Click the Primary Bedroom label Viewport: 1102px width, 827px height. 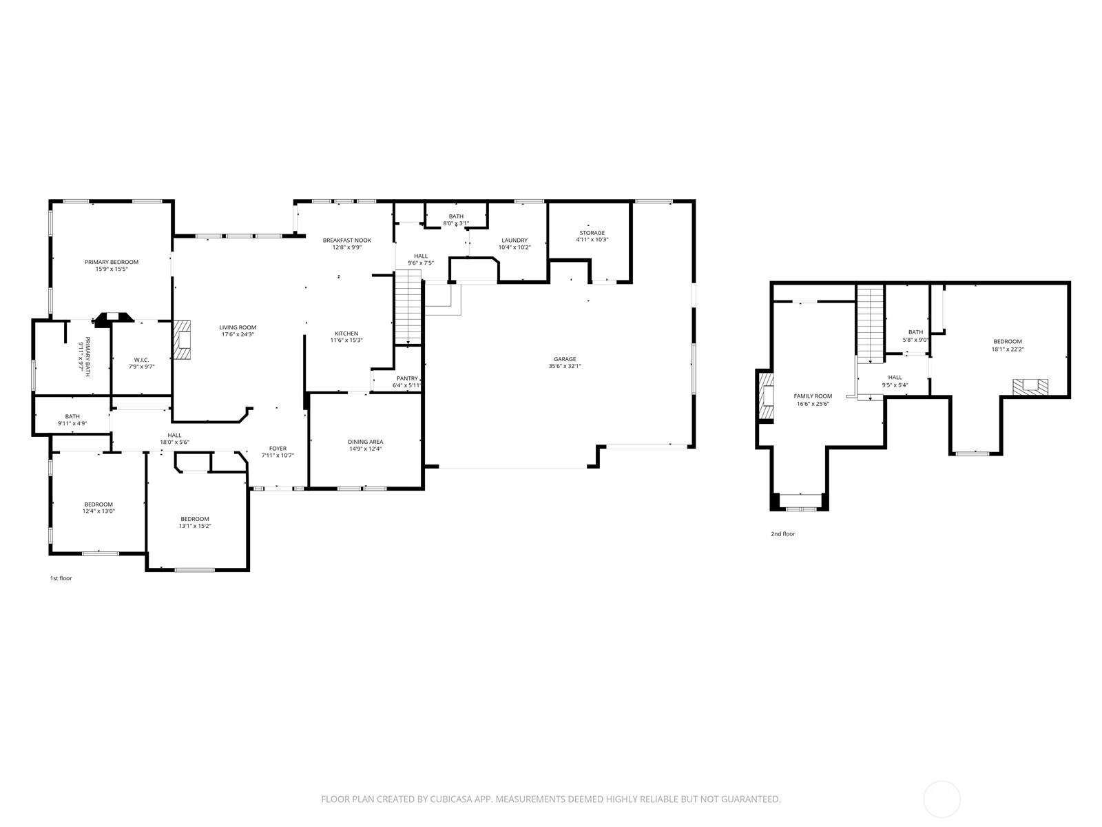[x=112, y=262]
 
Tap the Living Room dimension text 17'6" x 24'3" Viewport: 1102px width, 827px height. [x=238, y=334]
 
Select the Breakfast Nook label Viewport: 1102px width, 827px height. [x=347, y=241]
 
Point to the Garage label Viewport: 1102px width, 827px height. [x=565, y=359]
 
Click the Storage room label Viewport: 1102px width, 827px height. [x=592, y=233]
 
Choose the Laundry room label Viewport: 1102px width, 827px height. [x=514, y=241]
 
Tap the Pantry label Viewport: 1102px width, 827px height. [x=407, y=378]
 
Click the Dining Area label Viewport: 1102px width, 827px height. [x=366, y=442]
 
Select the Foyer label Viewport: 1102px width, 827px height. [x=278, y=449]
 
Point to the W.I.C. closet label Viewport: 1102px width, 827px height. [x=142, y=360]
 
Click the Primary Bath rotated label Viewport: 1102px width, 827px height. [x=87, y=356]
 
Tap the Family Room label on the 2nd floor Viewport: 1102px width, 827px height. [x=813, y=396]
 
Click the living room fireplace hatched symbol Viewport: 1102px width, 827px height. [x=183, y=340]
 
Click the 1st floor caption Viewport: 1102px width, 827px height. [x=61, y=578]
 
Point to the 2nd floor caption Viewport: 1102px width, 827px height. [x=783, y=534]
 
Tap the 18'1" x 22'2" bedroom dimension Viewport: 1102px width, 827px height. [x=1008, y=349]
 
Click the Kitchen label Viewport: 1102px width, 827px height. [x=346, y=334]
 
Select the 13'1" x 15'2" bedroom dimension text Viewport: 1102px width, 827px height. [x=195, y=527]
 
